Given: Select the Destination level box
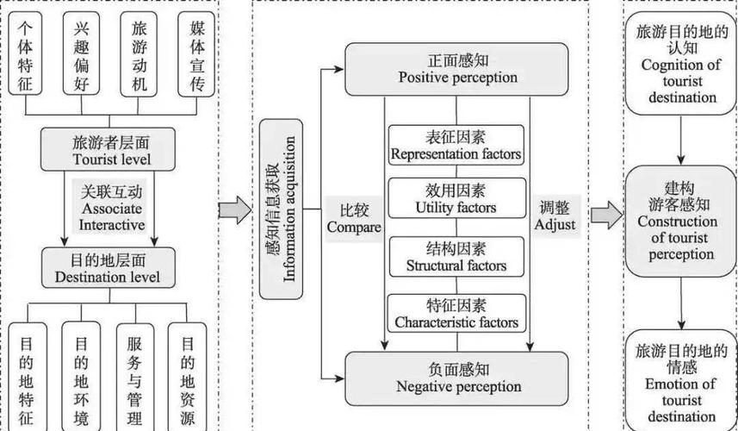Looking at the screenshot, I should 107,268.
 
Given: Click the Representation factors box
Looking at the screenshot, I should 456,146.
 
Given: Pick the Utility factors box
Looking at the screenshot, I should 456,199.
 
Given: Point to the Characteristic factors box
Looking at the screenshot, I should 456,314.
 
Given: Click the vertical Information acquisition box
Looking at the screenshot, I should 281,209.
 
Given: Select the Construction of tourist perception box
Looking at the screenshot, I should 680,222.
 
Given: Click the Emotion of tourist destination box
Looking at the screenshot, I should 680,379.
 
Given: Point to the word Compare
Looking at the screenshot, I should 353,228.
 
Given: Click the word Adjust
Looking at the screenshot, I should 555,225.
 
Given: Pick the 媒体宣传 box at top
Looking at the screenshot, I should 196,53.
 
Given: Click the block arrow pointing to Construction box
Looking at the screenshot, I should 605,215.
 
